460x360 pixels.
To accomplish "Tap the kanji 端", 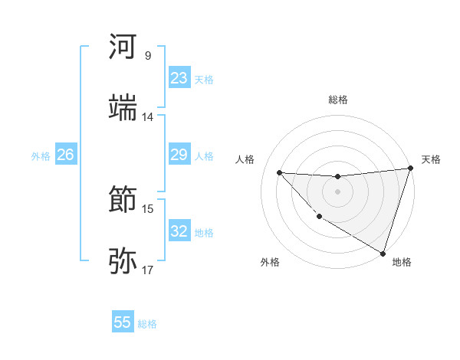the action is click(123, 108).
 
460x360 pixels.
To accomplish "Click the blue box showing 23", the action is click(179, 78).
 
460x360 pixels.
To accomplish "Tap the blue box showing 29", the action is click(179, 155).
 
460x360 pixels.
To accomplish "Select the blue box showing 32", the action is click(179, 231).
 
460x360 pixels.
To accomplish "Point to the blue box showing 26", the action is click(65, 155).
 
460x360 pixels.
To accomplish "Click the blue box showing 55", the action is click(123, 322).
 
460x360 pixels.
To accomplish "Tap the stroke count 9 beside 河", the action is click(147, 55).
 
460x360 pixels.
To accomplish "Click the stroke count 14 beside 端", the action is click(147, 117).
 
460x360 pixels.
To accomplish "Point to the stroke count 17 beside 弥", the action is click(147, 270).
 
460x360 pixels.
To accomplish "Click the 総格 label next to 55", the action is click(147, 324).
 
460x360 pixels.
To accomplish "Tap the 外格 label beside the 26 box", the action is click(41, 156).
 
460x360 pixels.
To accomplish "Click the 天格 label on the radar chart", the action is click(431, 159).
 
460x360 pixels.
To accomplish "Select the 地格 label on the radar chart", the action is click(402, 263).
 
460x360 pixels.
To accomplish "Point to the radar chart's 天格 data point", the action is click(410, 169).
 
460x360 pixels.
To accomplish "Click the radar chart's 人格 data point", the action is click(280, 172).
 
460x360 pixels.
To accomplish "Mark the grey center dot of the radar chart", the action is click(337, 191).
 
